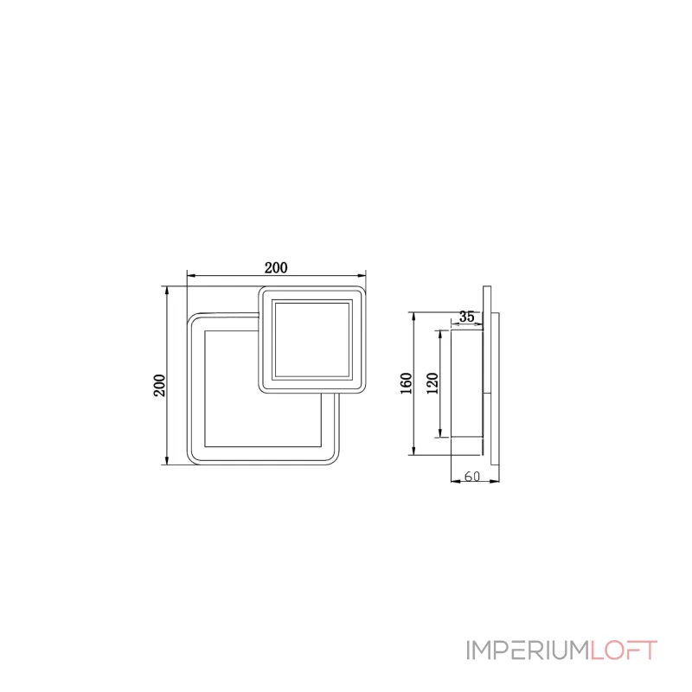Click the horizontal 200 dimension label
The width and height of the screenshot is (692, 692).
pyautogui.click(x=276, y=267)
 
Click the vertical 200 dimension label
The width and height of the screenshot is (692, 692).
pyautogui.click(x=158, y=384)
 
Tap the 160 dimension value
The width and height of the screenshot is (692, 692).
pyautogui.click(x=407, y=382)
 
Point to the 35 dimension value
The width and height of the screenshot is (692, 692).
pyautogui.click(x=467, y=317)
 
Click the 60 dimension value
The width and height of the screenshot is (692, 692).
pyautogui.click(x=472, y=476)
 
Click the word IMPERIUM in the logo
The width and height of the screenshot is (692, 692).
pyautogui.click(x=528, y=650)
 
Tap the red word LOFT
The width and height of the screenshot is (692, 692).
pyautogui.click(x=624, y=650)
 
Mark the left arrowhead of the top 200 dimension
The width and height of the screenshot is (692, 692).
pyautogui.click(x=190, y=276)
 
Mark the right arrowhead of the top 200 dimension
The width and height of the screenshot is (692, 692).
pyautogui.click(x=363, y=276)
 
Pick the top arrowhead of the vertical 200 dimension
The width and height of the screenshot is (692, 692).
pyautogui.click(x=166, y=290)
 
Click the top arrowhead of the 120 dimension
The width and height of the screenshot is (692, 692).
pyautogui.click(x=442, y=333)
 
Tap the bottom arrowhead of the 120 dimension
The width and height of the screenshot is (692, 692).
pyautogui.click(x=442, y=433)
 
